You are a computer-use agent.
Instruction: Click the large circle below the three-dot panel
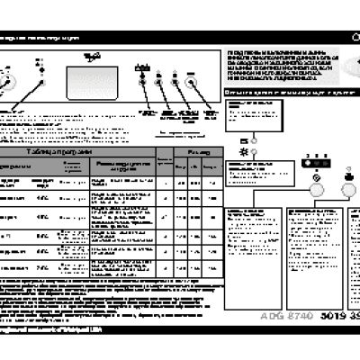(x=315, y=190)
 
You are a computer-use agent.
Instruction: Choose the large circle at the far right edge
(x=352, y=189)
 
